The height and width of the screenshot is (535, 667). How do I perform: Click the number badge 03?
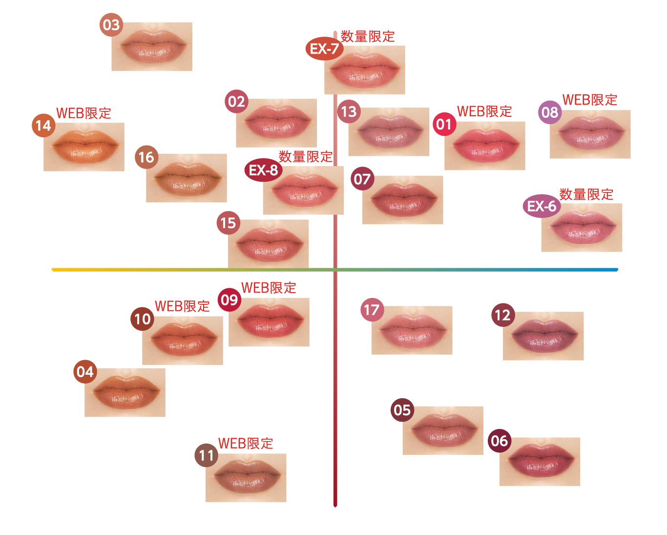pos(111,25)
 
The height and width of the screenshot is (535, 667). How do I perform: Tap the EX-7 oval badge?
pos(324,48)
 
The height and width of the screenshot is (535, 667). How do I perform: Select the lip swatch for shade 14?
pos(84,147)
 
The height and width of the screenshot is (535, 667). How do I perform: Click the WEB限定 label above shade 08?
pos(590,100)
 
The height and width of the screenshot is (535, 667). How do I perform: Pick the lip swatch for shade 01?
pos(485,146)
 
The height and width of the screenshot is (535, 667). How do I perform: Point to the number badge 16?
pos(146,157)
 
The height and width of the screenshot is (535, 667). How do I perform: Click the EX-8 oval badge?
pos(263,170)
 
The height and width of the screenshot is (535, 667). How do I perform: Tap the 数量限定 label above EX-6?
pos(586,194)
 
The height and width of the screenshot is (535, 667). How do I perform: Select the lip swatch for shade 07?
pos(403,200)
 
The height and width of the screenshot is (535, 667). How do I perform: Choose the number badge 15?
pos(228,223)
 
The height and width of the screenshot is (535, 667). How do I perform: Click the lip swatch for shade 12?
pos(543,336)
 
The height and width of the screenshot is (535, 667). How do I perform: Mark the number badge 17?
pos(372,310)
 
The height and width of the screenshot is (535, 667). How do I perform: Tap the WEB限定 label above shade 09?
pos(269,288)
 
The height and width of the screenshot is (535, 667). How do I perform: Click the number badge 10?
pos(142,319)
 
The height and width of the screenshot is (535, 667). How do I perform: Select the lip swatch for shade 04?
pos(125,392)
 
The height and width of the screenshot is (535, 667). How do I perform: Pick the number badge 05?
pos(402,410)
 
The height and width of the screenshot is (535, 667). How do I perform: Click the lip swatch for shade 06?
pos(540,462)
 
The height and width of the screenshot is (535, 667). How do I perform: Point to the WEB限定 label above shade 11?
pos(245,444)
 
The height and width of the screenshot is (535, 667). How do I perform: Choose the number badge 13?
pos(349,112)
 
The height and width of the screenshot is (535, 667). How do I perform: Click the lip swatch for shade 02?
pos(276,123)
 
